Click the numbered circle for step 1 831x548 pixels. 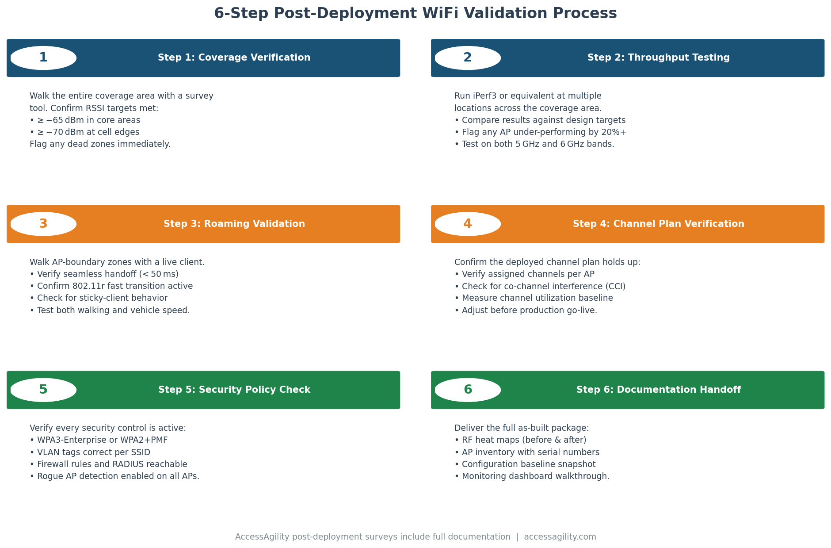tap(43, 58)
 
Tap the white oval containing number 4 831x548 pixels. tap(468, 224)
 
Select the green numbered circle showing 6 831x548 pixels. tap(468, 390)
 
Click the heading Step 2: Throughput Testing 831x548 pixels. tap(658, 58)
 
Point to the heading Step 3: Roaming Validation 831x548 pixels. tap(234, 224)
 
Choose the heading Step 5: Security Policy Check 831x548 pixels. tap(234, 390)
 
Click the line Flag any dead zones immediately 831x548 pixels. tap(100, 144)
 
